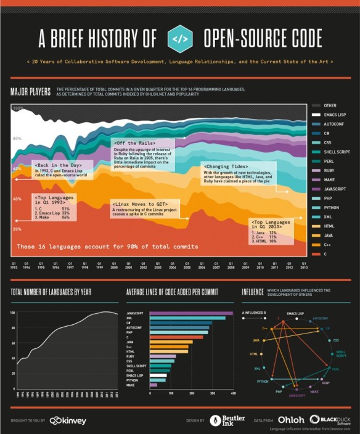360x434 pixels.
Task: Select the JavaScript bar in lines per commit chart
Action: tap(191, 313)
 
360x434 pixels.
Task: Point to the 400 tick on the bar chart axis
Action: tap(233, 392)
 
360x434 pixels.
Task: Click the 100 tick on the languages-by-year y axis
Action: tap(12, 313)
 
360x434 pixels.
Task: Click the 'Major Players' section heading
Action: tap(30, 92)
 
